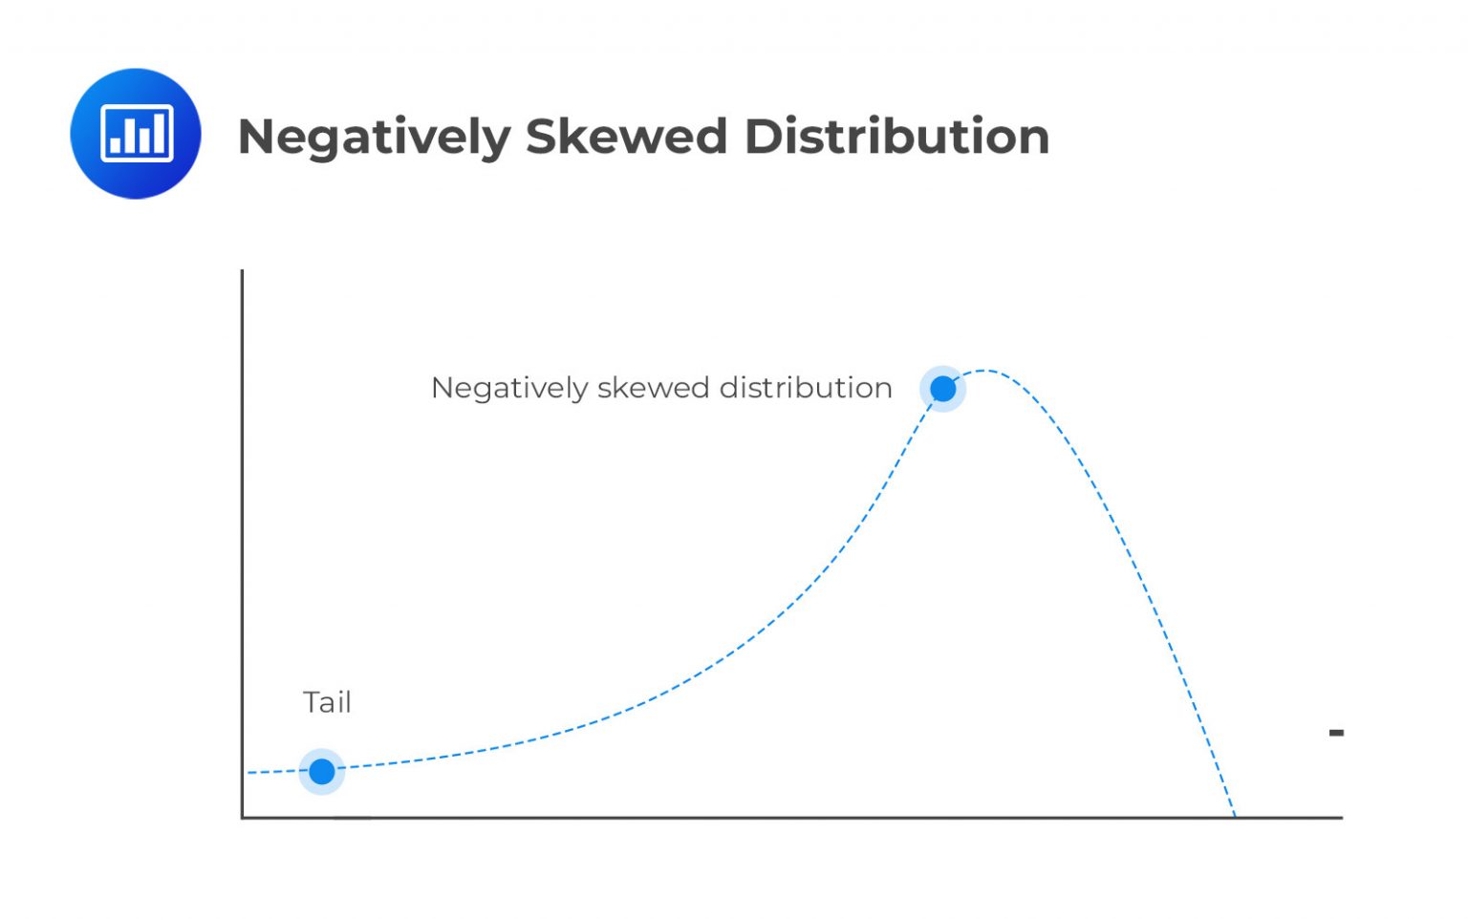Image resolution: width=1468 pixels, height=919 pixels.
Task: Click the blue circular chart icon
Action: (136, 134)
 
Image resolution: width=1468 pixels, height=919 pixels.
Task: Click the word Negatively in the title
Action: (374, 138)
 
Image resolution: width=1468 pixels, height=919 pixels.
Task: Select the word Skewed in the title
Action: (626, 136)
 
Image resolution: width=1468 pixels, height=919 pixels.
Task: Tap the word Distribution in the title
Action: (896, 136)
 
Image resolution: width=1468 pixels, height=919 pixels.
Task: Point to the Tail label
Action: (327, 702)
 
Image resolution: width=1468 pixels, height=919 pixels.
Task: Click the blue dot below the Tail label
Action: (322, 771)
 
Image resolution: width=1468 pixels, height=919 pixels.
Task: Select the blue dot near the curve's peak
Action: (942, 389)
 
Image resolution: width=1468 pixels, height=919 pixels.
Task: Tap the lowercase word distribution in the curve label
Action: (806, 388)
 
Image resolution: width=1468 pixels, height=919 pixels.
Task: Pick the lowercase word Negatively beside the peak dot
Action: (508, 389)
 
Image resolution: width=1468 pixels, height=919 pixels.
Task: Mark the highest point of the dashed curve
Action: (983, 370)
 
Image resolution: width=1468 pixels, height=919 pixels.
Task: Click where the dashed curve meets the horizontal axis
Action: (1235, 817)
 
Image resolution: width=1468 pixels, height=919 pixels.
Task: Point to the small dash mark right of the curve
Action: (1336, 733)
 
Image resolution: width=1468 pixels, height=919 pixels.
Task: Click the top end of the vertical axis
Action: (242, 272)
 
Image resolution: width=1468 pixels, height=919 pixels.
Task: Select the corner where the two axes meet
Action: (243, 818)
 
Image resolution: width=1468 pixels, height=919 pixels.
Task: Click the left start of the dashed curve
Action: (249, 772)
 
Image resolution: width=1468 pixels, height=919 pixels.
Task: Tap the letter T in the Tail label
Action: (311, 702)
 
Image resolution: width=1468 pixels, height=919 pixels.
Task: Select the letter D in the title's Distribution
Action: (762, 136)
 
